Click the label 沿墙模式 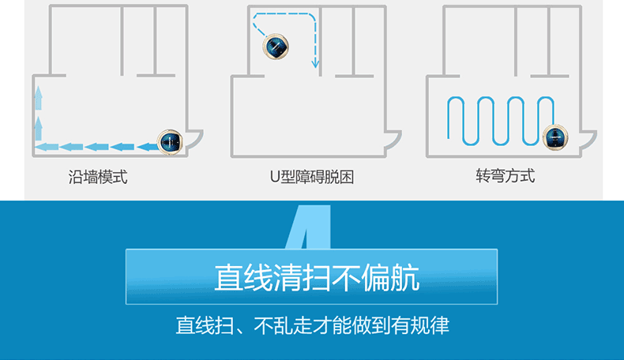[x=98, y=176]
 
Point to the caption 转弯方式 [x=505, y=175]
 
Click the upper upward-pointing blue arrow [x=38, y=99]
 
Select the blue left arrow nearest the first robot [x=147, y=146]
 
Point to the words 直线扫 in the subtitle [x=200, y=325]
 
